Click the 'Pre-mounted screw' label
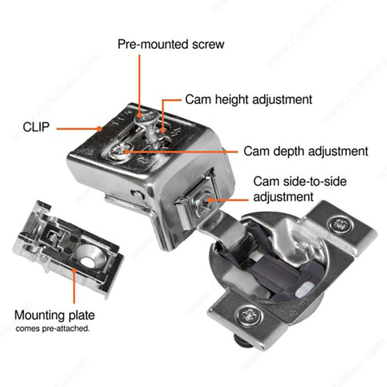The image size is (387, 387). (171, 44)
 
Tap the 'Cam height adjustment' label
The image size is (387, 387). (249, 100)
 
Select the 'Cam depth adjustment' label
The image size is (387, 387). (306, 151)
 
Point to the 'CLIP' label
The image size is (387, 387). (36, 127)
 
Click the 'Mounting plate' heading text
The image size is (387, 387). (55, 315)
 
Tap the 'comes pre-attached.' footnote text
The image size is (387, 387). (53, 328)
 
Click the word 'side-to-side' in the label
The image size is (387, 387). (315, 181)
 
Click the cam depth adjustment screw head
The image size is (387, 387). (120, 150)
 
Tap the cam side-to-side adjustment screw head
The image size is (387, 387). (205, 204)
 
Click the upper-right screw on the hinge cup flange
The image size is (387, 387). (341, 224)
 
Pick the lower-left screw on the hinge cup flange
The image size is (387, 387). (249, 315)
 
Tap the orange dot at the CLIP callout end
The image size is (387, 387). (99, 129)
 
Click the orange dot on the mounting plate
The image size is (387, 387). (74, 271)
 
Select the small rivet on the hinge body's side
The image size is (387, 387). (137, 195)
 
